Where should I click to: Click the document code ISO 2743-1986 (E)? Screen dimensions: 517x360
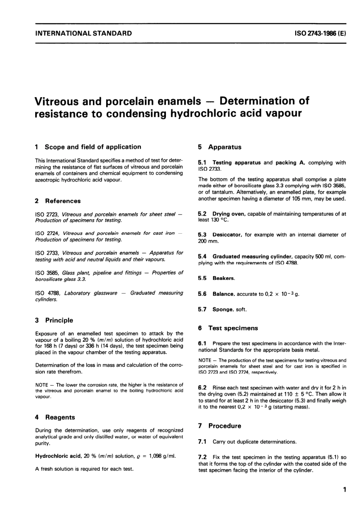pyautogui.click(x=320, y=33)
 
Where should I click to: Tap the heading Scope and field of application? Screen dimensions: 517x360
pyautogui.click(x=93, y=147)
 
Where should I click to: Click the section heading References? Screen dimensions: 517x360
pyautogui.click(x=63, y=201)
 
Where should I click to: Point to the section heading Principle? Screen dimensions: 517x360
pyautogui.click(x=59, y=321)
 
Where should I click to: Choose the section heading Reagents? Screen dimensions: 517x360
pyautogui.click(x=60, y=418)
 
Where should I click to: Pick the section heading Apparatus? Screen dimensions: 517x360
pyautogui.click(x=225, y=147)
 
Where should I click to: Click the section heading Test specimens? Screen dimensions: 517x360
pyautogui.click(x=233, y=328)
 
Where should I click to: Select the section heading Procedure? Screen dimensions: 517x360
pyautogui.click(x=225, y=426)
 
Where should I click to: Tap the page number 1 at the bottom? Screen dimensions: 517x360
pyautogui.click(x=344, y=490)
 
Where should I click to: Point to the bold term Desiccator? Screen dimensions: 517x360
pyautogui.click(x=227, y=235)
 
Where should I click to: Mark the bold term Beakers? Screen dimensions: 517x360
pyautogui.click(x=224, y=278)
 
